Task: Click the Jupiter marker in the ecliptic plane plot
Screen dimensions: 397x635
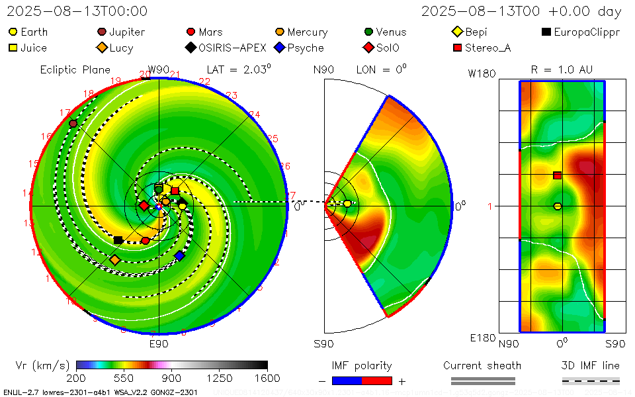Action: (x=73, y=124)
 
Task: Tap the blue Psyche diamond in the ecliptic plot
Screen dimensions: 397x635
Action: (x=179, y=255)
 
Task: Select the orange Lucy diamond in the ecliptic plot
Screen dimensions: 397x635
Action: (x=115, y=260)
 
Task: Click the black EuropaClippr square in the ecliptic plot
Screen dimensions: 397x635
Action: (x=118, y=240)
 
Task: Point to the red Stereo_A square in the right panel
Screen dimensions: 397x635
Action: (x=558, y=175)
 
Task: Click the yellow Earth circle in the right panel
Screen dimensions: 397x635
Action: (x=558, y=206)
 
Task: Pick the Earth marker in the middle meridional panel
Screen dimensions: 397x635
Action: (x=347, y=204)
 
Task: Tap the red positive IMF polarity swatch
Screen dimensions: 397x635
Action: (x=377, y=380)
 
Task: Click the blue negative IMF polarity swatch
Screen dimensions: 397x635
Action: (x=347, y=380)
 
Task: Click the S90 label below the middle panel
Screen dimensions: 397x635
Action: (x=323, y=343)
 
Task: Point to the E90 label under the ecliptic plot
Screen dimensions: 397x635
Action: (x=159, y=343)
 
